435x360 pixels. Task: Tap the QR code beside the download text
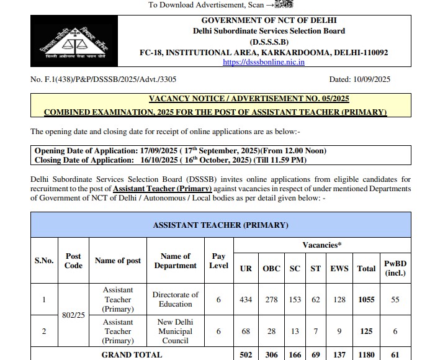tap(283, 5)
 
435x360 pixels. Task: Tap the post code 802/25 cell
tap(73, 315)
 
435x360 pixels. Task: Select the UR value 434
tap(246, 300)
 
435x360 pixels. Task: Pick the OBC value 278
tap(271, 300)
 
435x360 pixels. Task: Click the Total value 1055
tap(366, 300)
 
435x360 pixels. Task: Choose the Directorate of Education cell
tap(176, 300)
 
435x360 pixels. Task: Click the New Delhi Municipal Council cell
tap(176, 331)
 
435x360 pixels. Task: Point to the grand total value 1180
tap(366, 355)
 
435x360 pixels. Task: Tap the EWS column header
tap(339, 269)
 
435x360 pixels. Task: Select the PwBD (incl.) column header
tap(395, 268)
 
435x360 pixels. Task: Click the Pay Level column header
tap(218, 261)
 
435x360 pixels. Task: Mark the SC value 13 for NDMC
tap(295, 331)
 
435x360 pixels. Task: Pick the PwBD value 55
tap(395, 300)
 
